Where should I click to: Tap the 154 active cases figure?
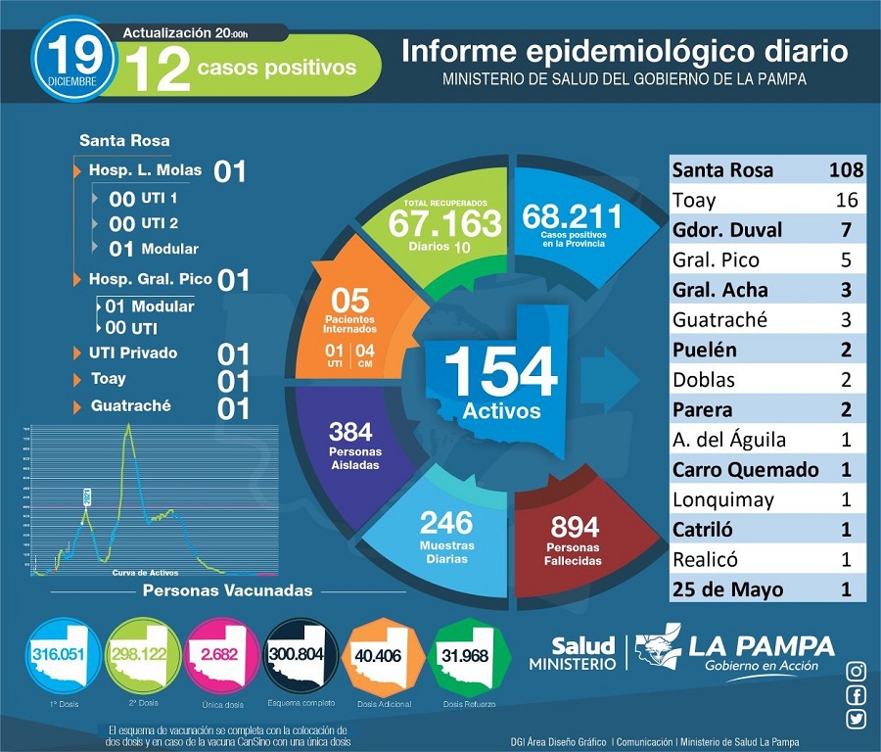500,372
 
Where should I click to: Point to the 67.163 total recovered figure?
444,222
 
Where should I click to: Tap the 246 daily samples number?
446,522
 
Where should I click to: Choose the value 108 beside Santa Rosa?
844,170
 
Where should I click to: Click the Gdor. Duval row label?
727,230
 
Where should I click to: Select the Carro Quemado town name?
745,469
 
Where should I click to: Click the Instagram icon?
857,671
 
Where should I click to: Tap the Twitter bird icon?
857,720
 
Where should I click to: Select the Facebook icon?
857,695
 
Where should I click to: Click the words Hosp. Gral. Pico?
150,279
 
